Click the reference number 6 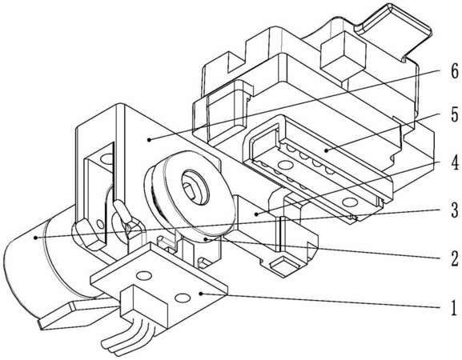click(454, 70)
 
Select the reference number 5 click(454, 115)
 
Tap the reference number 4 click(454, 162)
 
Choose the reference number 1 click(454, 307)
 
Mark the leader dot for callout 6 click(150, 139)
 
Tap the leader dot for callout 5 click(326, 150)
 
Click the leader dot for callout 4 click(257, 214)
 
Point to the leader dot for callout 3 click(35, 237)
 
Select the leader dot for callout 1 click(201, 294)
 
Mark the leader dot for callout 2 click(207, 239)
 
